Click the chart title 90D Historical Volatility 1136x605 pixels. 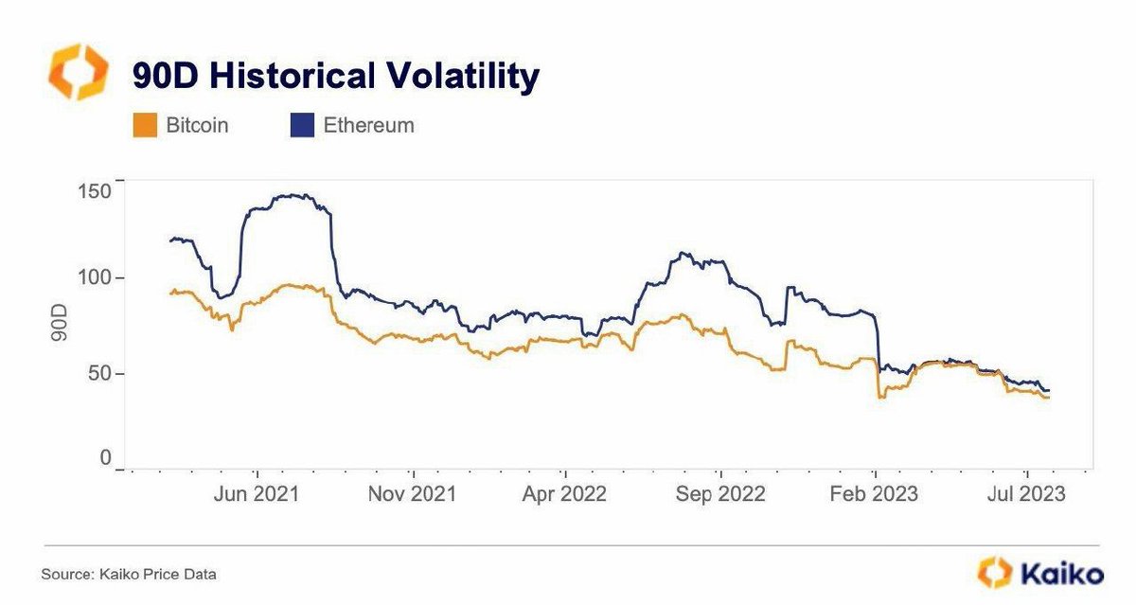coord(335,76)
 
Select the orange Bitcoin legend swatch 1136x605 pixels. coord(144,125)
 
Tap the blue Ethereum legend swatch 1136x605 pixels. coord(301,125)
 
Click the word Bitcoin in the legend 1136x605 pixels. coord(197,125)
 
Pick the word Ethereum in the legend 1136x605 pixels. coord(368,125)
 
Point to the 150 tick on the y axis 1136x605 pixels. coord(93,190)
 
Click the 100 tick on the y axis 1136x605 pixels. coord(93,277)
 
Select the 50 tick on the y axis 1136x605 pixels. coord(98,373)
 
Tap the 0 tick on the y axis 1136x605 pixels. coord(105,459)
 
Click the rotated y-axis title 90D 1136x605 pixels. coord(59,325)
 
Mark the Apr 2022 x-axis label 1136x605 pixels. coord(565,494)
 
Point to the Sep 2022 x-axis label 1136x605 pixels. coord(721,494)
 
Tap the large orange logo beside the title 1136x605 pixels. coord(78,72)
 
